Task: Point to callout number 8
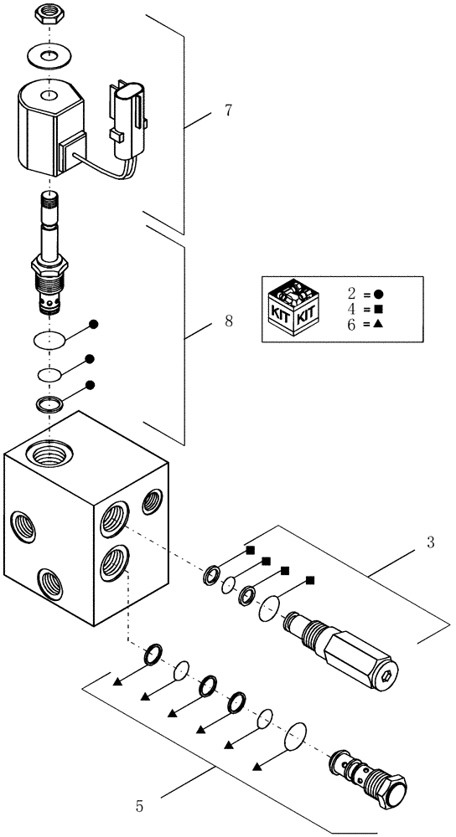tap(228, 320)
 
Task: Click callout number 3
tap(429, 543)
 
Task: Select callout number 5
tap(139, 807)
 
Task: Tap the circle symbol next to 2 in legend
tap(378, 294)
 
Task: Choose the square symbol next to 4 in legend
tap(378, 309)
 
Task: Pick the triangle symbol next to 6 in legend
tap(378, 324)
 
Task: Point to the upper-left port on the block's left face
tap(20, 527)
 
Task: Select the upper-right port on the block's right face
tap(153, 502)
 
